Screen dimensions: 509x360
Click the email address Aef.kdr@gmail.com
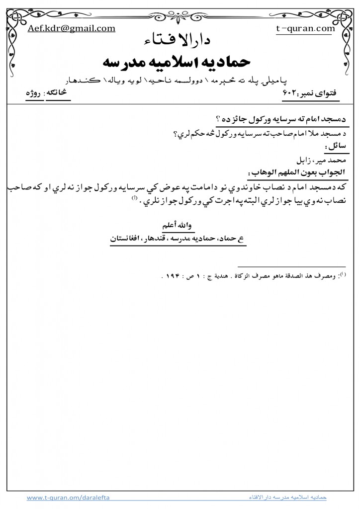coord(72,28)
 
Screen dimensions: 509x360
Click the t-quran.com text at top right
coord(305,28)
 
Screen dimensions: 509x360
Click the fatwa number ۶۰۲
coord(289,93)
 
